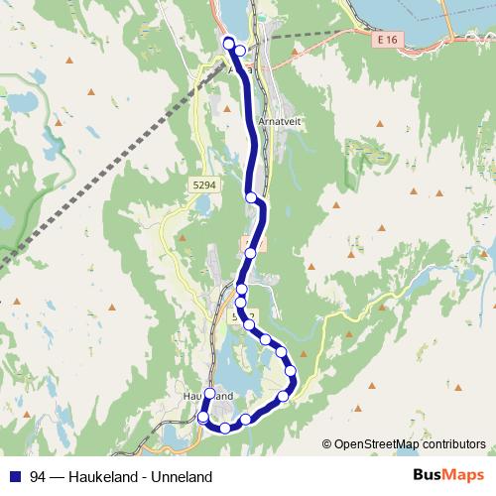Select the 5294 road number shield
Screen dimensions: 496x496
[204, 185]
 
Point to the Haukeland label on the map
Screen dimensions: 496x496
[207, 396]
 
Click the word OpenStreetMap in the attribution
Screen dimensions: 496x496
[375, 444]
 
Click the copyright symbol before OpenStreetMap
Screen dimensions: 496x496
[327, 444]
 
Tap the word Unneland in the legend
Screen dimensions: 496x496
[183, 476]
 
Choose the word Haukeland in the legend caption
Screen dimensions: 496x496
[101, 476]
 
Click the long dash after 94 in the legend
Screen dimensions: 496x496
[58, 476]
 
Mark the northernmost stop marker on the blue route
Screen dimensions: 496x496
[229, 42]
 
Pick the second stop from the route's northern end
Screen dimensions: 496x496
[239, 51]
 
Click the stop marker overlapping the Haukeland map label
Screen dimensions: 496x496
[209, 393]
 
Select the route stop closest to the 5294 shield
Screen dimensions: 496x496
[252, 197]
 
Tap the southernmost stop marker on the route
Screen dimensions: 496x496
[225, 428]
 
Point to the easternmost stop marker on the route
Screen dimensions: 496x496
[292, 372]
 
